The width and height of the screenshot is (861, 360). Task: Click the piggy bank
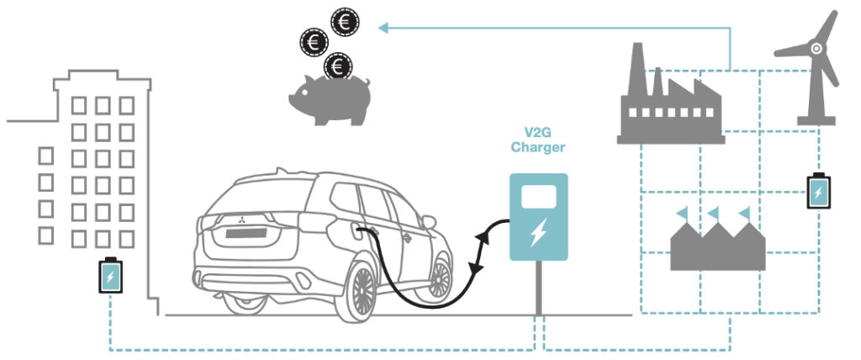330,98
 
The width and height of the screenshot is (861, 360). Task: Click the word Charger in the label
538,147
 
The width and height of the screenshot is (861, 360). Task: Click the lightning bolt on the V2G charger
538,231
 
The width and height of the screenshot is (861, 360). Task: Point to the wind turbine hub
816,49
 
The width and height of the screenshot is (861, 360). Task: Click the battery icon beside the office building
111,275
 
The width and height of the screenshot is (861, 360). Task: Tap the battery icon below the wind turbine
817,191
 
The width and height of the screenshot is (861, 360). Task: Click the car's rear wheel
362,291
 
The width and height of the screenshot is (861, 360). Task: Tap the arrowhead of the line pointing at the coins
383,28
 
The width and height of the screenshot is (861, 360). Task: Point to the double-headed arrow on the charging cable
482,249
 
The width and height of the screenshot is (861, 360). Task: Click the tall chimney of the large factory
637,67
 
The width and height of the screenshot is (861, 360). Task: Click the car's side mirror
430,221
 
